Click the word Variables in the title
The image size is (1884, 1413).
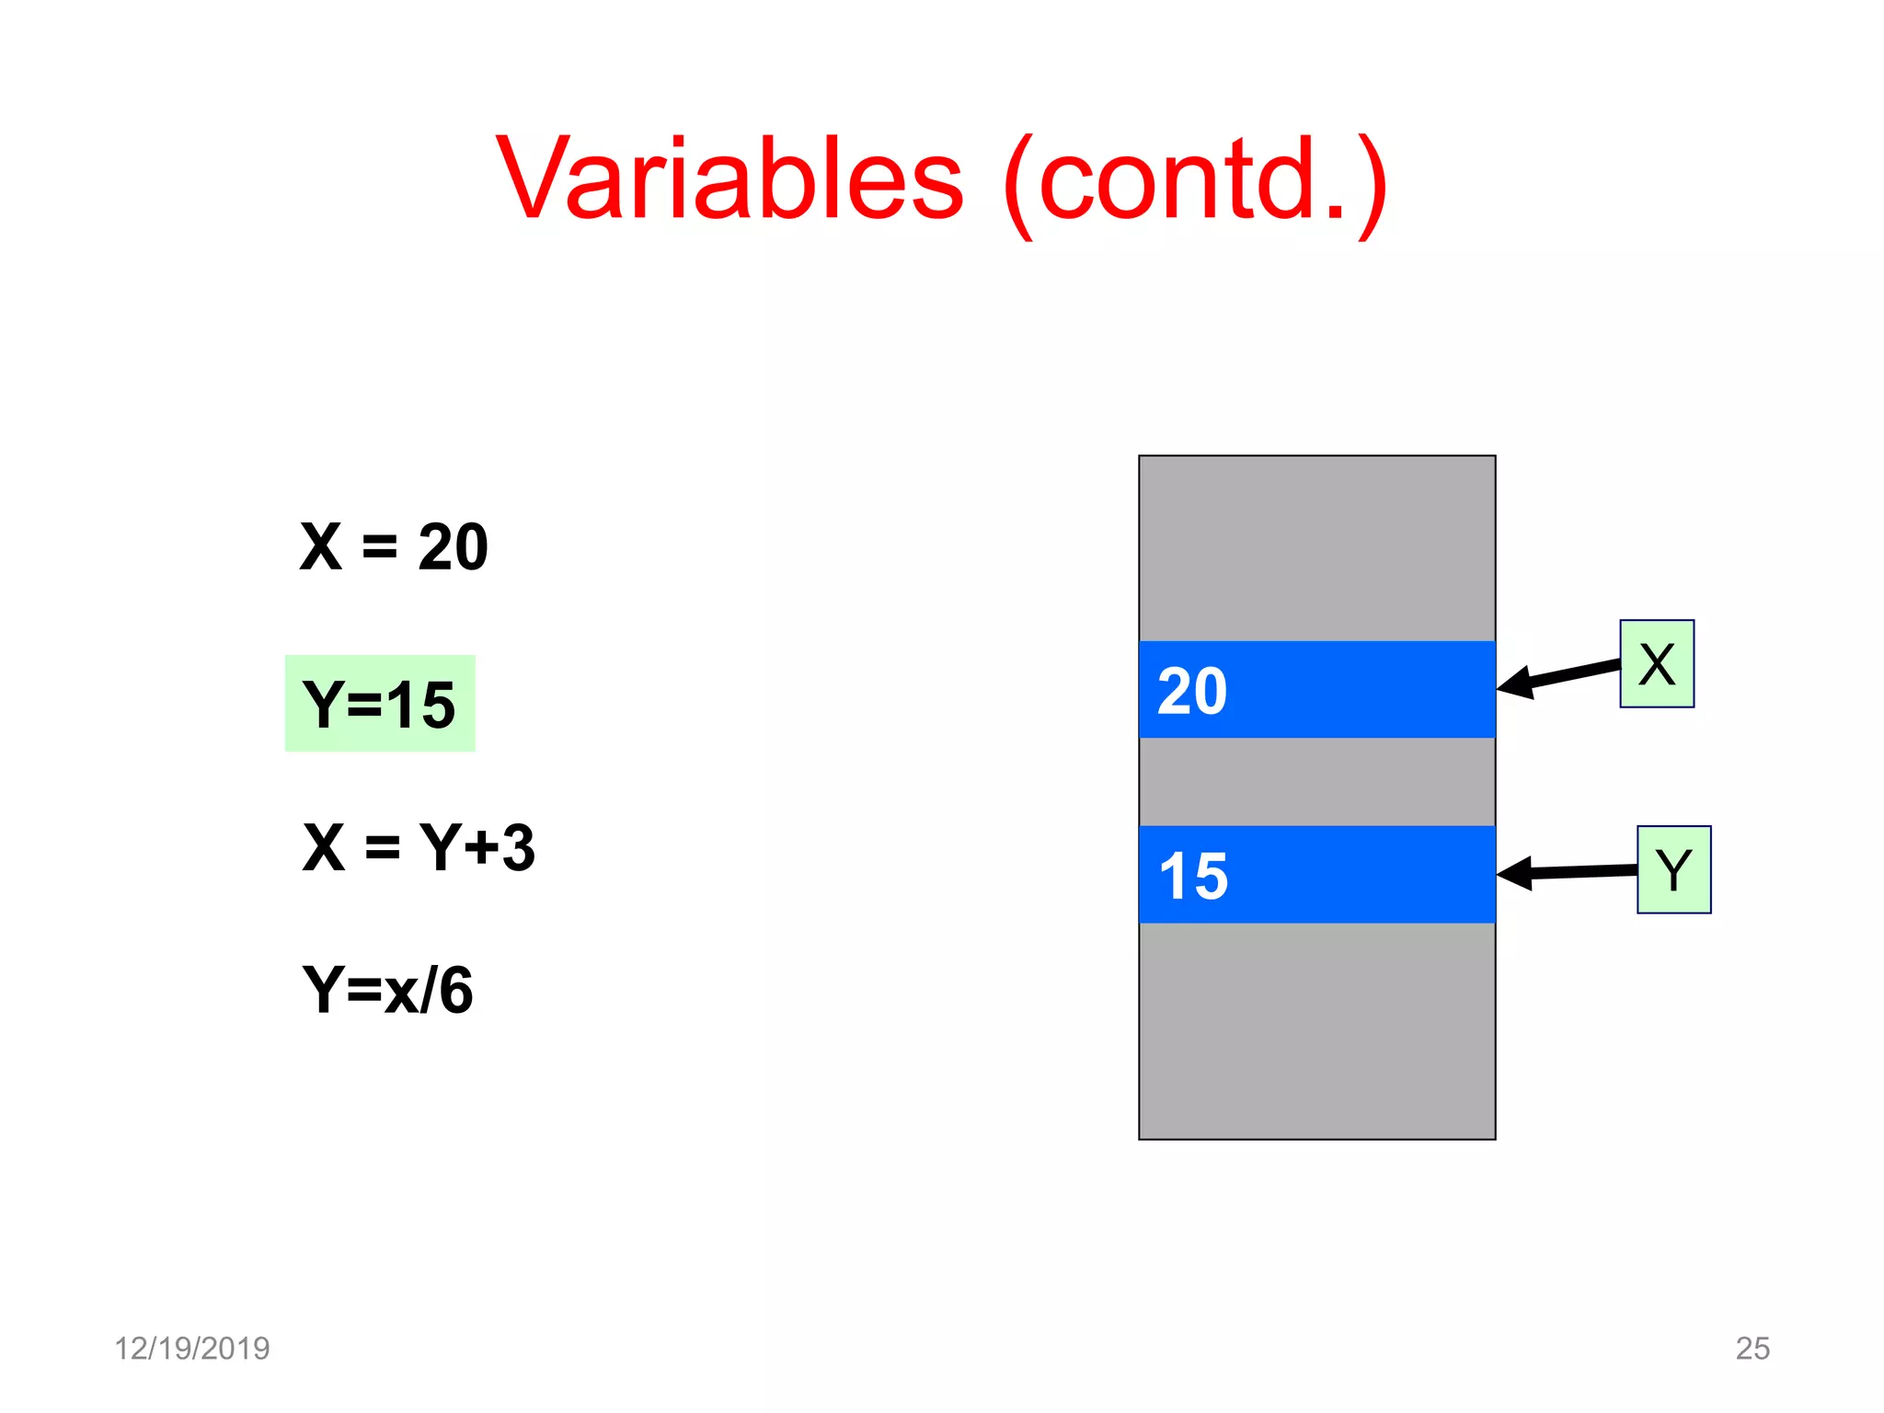(x=729, y=178)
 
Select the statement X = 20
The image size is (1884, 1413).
(x=394, y=546)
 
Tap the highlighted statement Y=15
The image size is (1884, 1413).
(x=380, y=704)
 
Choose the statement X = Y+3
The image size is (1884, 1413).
(x=419, y=847)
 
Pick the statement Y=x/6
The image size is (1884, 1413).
(x=387, y=990)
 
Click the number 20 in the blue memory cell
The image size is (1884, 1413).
(x=1192, y=691)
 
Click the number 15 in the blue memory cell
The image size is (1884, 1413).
(x=1193, y=876)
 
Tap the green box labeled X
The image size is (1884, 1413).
(x=1656, y=663)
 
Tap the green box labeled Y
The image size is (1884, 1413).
(x=1673, y=869)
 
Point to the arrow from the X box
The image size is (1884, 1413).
(x=1564, y=676)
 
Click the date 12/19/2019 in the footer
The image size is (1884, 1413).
(x=191, y=1348)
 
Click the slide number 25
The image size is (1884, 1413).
(x=1752, y=1348)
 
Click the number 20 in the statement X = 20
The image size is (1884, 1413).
(x=453, y=546)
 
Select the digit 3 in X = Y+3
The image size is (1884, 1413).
(x=518, y=847)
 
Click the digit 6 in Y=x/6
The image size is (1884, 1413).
(x=456, y=990)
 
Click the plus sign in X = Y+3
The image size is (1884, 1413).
(x=481, y=847)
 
